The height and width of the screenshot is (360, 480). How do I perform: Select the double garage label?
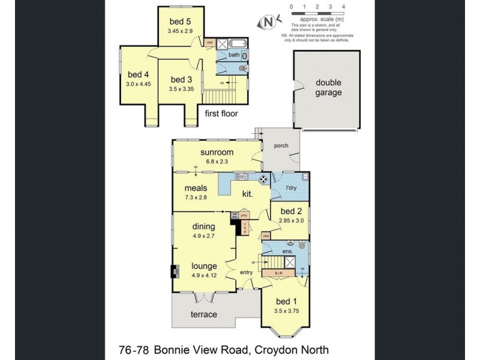click(329, 88)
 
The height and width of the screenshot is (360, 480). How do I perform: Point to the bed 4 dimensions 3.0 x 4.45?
click(139, 83)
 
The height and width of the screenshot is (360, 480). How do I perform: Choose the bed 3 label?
click(181, 80)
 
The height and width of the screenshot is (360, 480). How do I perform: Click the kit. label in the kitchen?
click(247, 194)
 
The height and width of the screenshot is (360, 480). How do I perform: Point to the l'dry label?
click(292, 188)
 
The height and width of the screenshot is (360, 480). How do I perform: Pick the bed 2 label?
click(292, 211)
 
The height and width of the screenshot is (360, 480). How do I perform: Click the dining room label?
click(204, 227)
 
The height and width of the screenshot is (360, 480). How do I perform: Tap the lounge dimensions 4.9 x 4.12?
click(204, 275)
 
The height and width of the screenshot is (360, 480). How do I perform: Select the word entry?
click(247, 272)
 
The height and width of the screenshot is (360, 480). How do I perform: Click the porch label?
click(281, 145)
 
